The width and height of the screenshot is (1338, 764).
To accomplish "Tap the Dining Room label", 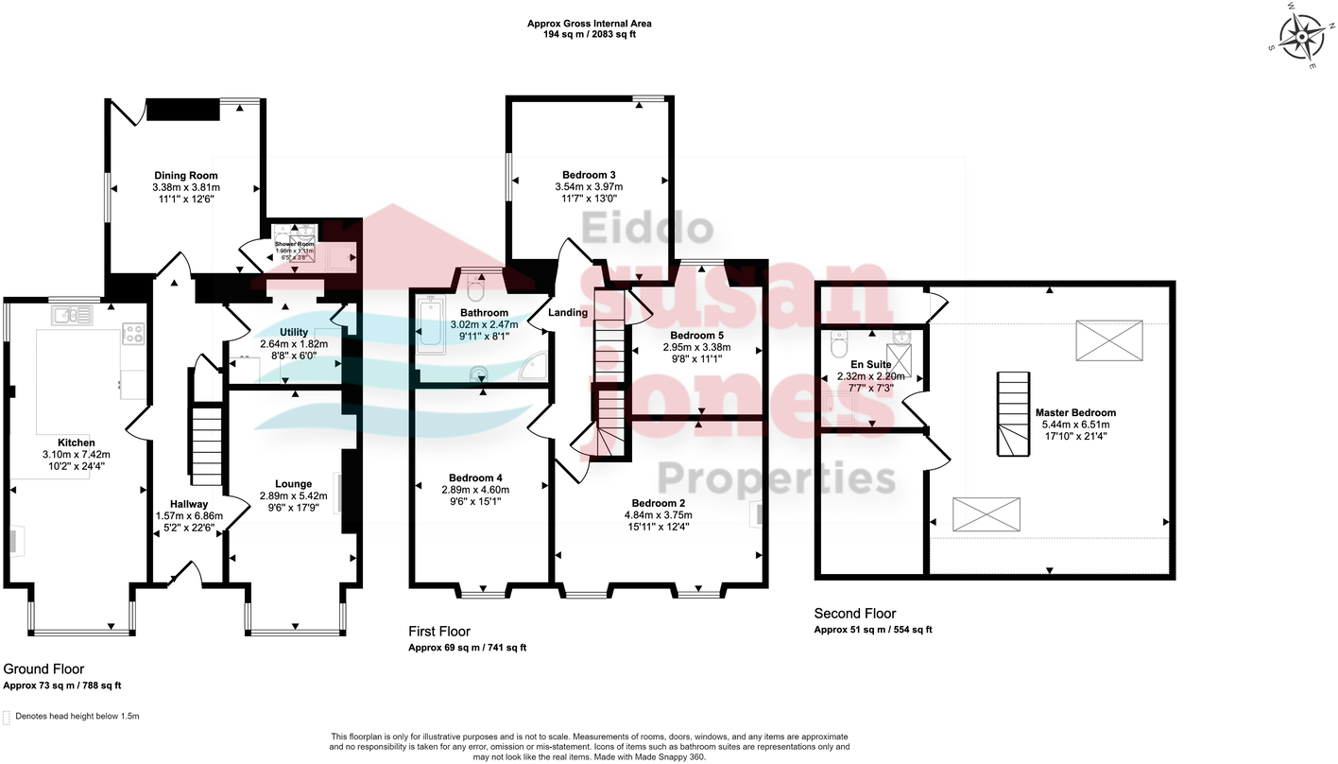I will [185, 175].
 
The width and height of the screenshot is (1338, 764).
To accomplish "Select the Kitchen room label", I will [76, 443].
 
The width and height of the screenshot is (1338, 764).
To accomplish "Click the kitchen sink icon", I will [72, 317].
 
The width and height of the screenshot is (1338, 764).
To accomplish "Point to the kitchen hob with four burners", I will [133, 333].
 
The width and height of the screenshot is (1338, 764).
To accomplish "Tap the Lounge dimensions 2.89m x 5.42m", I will [293, 495].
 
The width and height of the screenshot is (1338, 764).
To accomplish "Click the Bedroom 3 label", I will [589, 175].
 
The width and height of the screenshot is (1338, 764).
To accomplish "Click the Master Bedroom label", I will [1075, 412].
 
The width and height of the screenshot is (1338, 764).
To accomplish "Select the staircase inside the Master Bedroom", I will [1010, 413].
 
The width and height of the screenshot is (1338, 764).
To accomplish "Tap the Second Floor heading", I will [855, 614].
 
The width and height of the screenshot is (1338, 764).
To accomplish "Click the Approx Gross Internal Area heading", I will [589, 24].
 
